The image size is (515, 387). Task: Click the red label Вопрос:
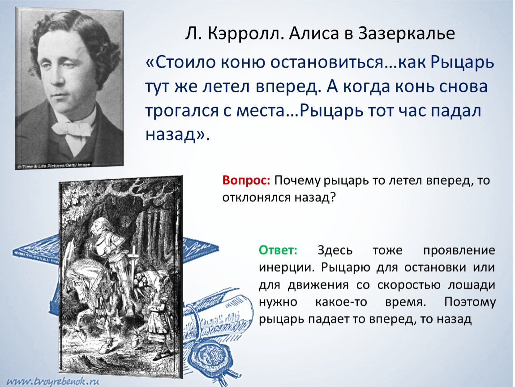click(x=246, y=181)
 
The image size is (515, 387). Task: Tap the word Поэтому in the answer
click(x=470, y=302)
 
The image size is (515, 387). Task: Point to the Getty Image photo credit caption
click(x=54, y=165)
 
